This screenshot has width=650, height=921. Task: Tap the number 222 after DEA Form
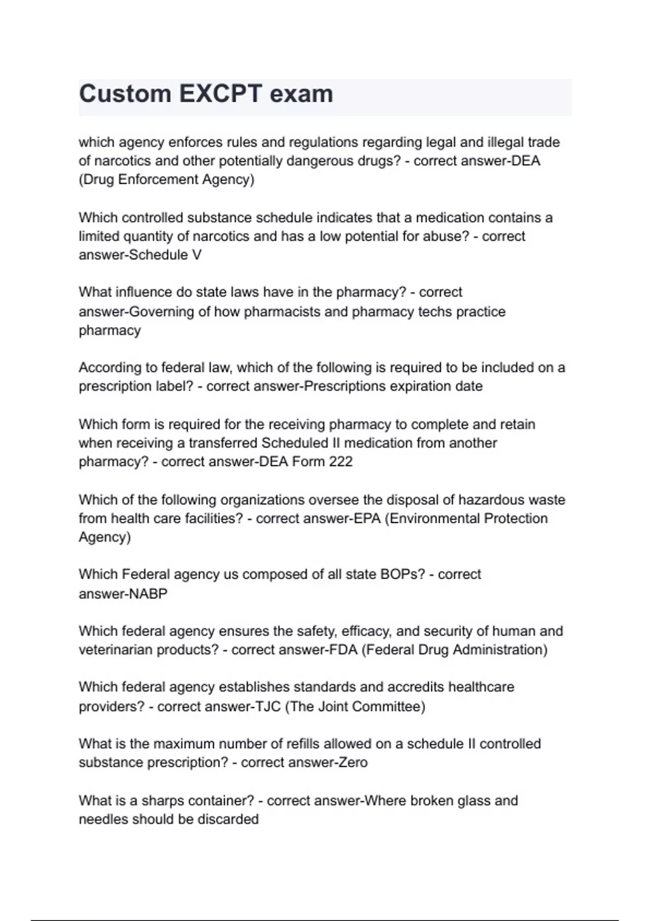(341, 462)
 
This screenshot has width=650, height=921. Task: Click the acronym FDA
(343, 650)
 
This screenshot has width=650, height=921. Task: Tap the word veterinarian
(115, 650)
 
